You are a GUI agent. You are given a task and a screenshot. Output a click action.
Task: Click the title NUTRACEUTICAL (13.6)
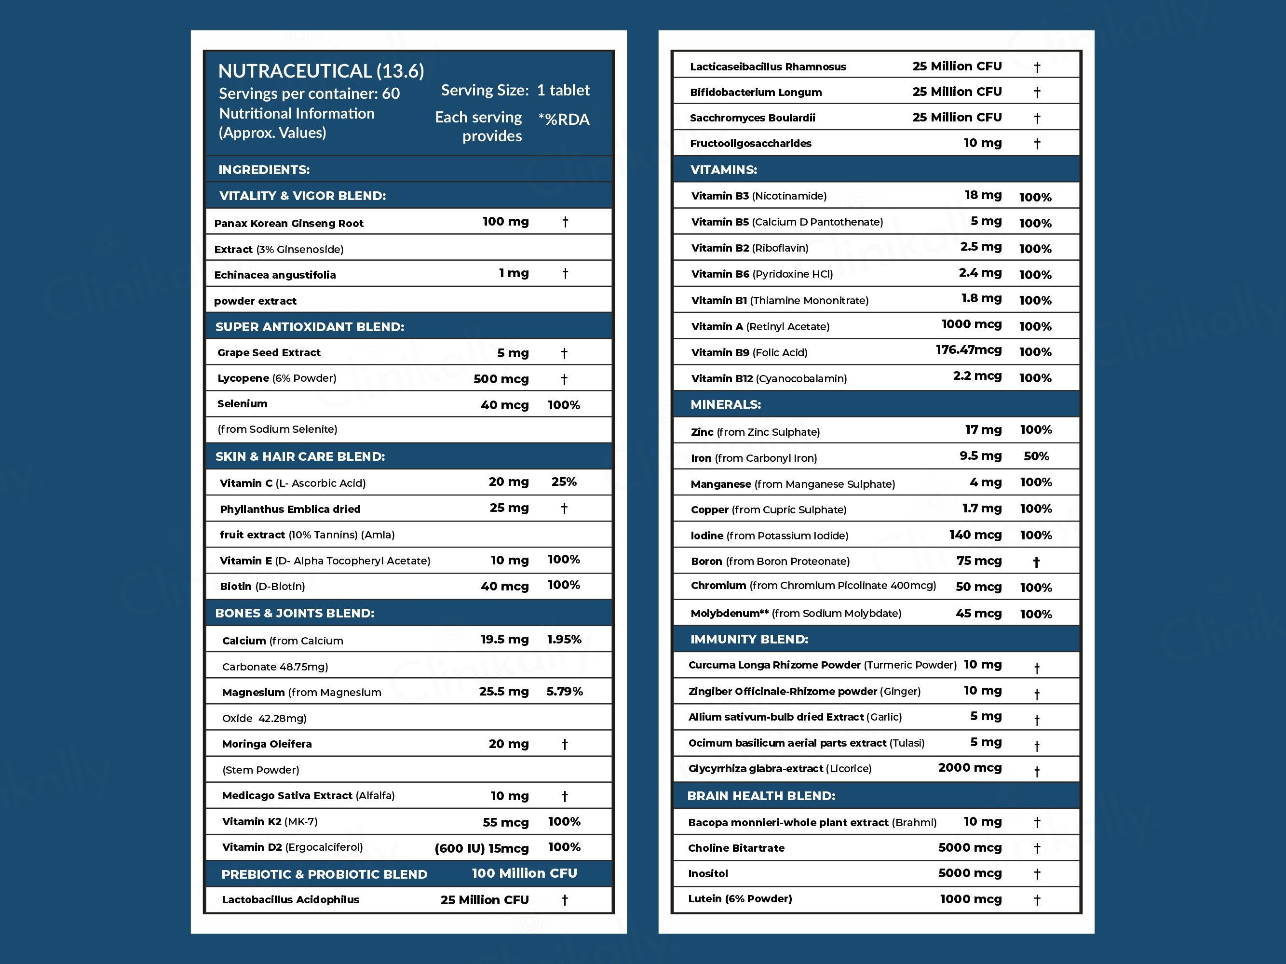321,71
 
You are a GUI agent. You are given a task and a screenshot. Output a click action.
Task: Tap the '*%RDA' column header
563,119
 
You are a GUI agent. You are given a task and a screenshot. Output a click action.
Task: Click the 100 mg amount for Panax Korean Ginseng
505,221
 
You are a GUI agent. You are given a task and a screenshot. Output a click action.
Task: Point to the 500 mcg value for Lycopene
501,379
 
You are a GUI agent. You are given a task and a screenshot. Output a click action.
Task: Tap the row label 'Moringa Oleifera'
266,744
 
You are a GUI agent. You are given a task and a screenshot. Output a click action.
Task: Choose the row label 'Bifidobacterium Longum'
755,92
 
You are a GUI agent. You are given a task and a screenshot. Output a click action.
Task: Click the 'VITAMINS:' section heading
723,170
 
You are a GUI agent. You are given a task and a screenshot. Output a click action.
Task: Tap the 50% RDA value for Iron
1036,456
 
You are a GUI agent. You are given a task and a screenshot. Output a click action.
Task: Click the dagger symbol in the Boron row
1036,562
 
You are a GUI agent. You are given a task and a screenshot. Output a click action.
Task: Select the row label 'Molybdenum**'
729,613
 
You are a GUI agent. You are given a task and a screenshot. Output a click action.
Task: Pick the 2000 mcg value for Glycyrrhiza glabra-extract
969,768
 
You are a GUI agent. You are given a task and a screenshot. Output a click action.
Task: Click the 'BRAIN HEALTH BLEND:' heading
760,795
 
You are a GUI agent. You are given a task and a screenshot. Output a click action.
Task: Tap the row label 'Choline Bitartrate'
735,848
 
